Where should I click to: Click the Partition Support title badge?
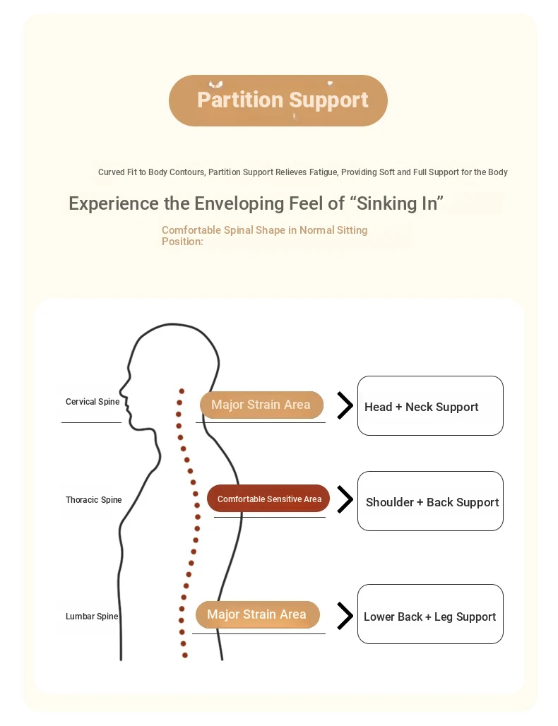point(278,100)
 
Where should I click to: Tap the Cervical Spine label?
point(93,402)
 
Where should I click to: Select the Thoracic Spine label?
point(94,500)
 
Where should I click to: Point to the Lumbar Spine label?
point(92,617)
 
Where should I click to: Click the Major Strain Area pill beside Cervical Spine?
point(261,405)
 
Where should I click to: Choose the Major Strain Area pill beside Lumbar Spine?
point(257,614)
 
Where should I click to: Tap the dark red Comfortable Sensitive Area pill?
point(268,499)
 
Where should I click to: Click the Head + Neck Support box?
point(430,406)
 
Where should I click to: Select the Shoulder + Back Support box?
point(430,501)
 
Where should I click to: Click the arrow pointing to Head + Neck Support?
point(345,405)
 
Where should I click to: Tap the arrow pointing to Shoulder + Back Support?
point(345,499)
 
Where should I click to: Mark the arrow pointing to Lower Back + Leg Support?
point(345,615)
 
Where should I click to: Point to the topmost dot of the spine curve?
point(182,391)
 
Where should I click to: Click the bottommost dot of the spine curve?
point(185,655)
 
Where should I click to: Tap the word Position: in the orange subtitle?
point(182,242)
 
